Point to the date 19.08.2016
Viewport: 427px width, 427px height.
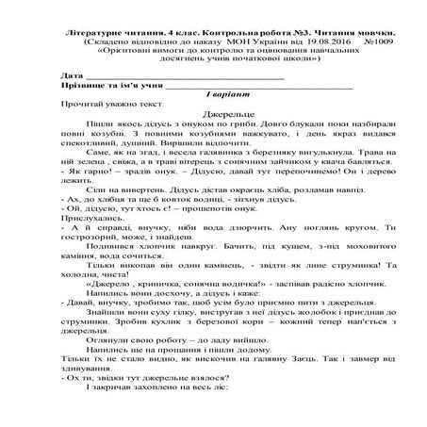pos(300,42)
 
